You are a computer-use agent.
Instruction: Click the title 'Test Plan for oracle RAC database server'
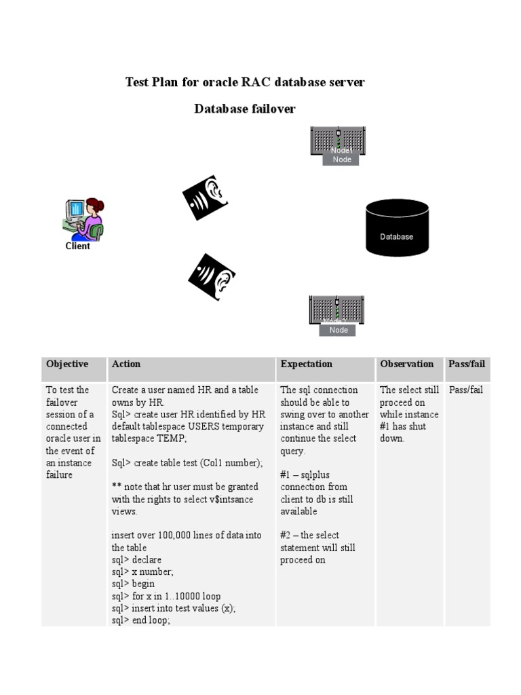pyautogui.click(x=245, y=82)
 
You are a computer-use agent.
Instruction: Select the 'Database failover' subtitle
pyautogui.click(x=245, y=109)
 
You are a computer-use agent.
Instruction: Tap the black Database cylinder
pyautogui.click(x=397, y=228)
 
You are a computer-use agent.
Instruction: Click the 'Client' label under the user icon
pyautogui.click(x=77, y=246)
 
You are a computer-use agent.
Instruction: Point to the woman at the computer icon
pyautogui.click(x=83, y=219)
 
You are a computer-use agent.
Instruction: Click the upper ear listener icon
pyautogui.click(x=204, y=198)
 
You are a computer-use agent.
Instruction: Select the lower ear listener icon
pyautogui.click(x=212, y=276)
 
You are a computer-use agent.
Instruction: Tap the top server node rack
pyautogui.click(x=338, y=141)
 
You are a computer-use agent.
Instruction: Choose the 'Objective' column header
pyautogui.click(x=67, y=364)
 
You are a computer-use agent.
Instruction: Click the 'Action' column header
pyautogui.click(x=126, y=364)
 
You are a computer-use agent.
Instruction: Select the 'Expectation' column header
pyautogui.click(x=307, y=364)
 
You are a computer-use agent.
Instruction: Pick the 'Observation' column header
pyautogui.click(x=407, y=364)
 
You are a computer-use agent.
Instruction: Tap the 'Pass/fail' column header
pyautogui.click(x=467, y=364)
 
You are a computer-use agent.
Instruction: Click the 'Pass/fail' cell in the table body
pyautogui.click(x=465, y=390)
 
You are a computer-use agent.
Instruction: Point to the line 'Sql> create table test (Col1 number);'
pyautogui.click(x=187, y=463)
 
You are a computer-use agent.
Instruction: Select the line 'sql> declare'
pyautogui.click(x=136, y=560)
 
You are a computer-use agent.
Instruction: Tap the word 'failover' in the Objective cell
pyautogui.click(x=62, y=402)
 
